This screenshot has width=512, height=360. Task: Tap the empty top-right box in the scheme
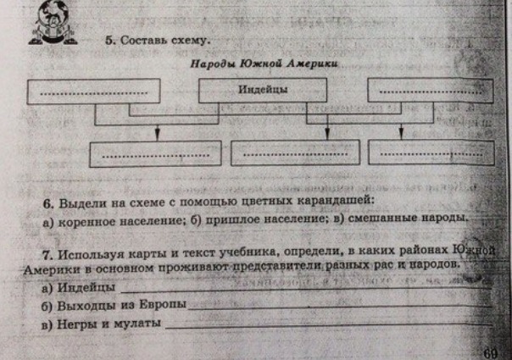click(430, 91)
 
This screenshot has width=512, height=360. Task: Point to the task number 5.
click(110, 39)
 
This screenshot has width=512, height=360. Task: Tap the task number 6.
click(48, 203)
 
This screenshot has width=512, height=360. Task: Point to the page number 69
click(490, 352)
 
